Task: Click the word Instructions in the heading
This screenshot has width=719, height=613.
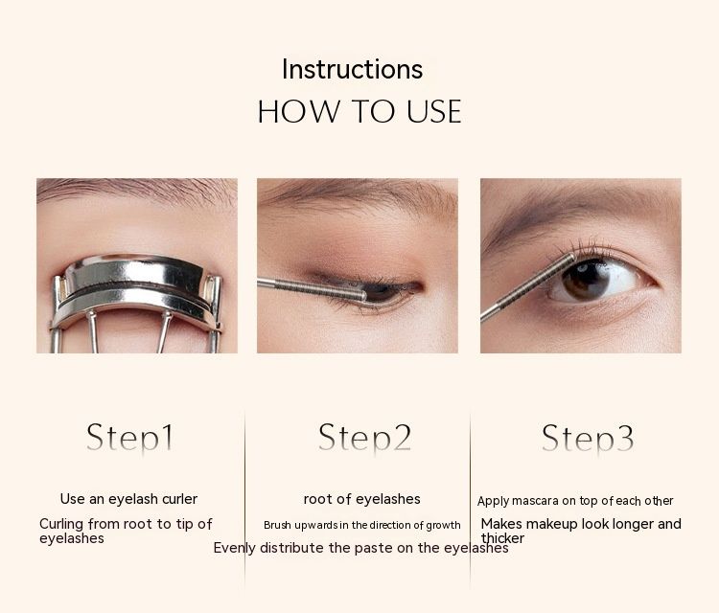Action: pyautogui.click(x=352, y=69)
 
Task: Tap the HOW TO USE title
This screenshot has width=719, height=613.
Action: pyautogui.click(x=359, y=111)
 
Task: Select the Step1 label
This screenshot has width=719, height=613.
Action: pyautogui.click(x=129, y=438)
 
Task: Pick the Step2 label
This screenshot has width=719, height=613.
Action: pyautogui.click(x=364, y=438)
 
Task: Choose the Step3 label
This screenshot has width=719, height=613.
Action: pyautogui.click(x=588, y=438)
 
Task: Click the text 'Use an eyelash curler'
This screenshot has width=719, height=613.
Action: pyautogui.click(x=128, y=498)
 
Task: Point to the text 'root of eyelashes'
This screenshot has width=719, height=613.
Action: pyautogui.click(x=361, y=498)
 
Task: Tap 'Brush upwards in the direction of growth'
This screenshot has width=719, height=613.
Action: pyautogui.click(x=361, y=525)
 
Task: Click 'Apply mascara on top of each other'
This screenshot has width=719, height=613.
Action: pyautogui.click(x=575, y=501)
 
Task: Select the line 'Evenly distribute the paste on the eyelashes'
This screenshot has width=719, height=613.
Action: pyautogui.click(x=360, y=548)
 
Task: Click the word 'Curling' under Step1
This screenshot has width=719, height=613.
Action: pyautogui.click(x=61, y=524)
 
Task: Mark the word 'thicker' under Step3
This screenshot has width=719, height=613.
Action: pyautogui.click(x=502, y=538)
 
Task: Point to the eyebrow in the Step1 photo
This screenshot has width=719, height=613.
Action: pyautogui.click(x=137, y=192)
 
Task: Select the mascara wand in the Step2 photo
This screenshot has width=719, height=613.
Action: pyautogui.click(x=312, y=289)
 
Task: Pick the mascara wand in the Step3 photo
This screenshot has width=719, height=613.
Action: pyautogui.click(x=527, y=285)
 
